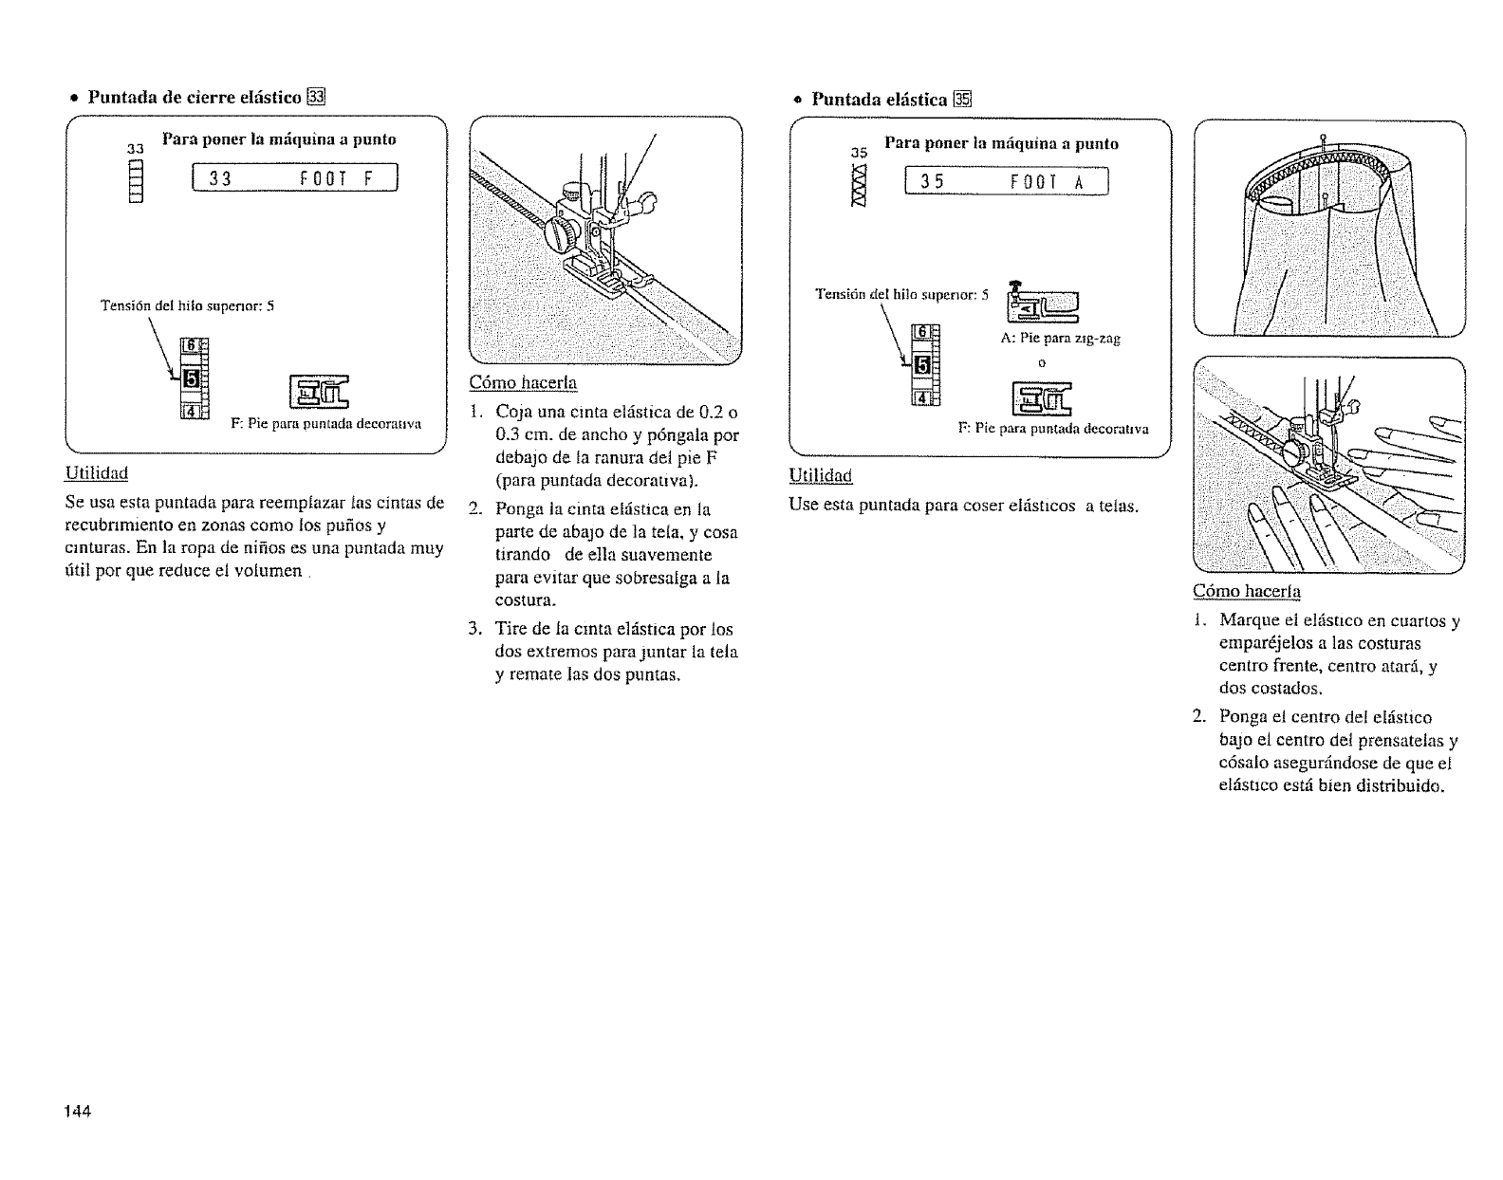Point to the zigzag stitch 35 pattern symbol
[x=860, y=188]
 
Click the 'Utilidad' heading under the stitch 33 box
[x=96, y=472]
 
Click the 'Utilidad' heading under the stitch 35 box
[x=821, y=474]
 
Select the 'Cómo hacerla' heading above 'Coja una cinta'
[x=523, y=382]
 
